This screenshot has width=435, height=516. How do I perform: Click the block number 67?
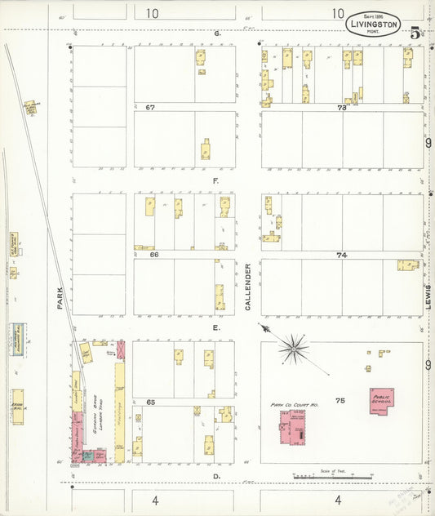click(150, 107)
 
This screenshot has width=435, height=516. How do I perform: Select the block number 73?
click(341, 107)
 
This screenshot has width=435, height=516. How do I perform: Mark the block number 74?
click(341, 255)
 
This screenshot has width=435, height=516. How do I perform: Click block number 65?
click(150, 403)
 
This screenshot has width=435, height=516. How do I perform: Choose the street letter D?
click(217, 475)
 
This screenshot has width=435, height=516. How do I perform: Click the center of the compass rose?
click(292, 349)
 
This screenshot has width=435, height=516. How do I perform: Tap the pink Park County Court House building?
click(292, 429)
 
